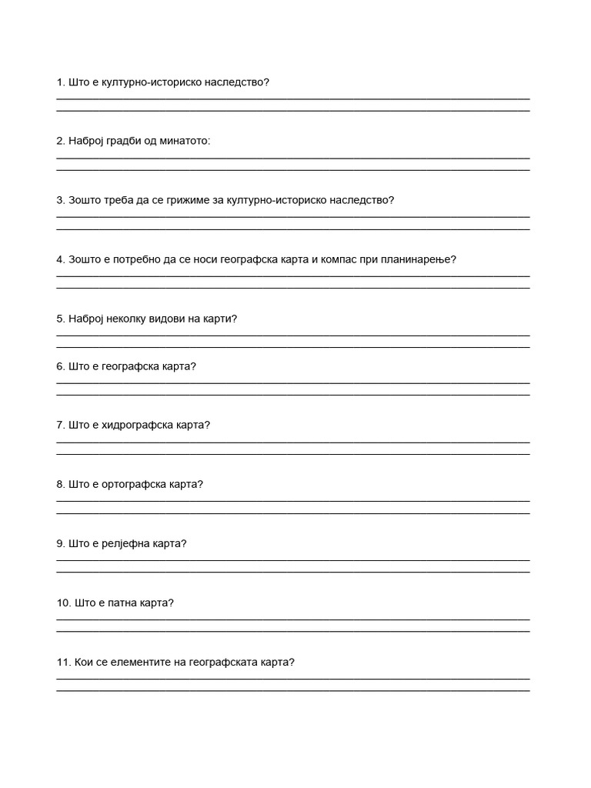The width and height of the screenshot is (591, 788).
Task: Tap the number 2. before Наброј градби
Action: pos(61,141)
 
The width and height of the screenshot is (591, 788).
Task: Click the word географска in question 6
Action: pos(127,366)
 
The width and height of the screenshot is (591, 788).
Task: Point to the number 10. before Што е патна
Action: pos(63,603)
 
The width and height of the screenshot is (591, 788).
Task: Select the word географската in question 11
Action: pos(225,662)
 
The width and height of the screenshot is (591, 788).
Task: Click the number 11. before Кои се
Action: pos(63,662)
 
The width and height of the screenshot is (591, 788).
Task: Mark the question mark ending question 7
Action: pos(207,425)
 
